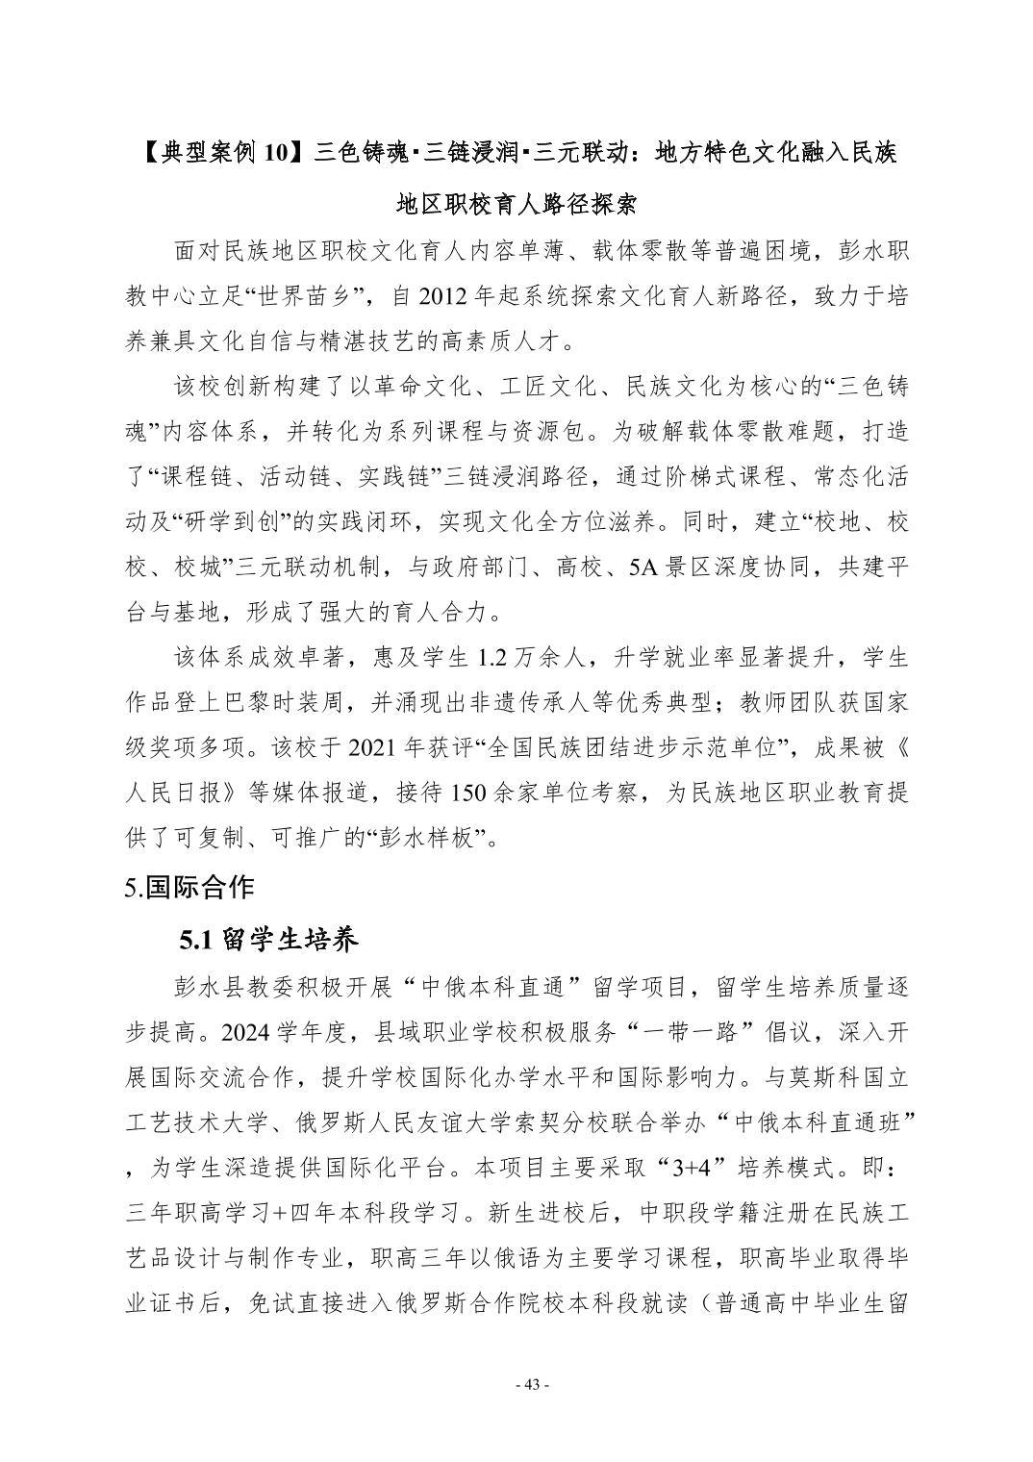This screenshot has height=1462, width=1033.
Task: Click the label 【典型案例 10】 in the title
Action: (223, 151)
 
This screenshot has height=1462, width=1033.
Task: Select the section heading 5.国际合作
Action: (189, 886)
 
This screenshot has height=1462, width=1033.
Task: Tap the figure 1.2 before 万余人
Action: (499, 658)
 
